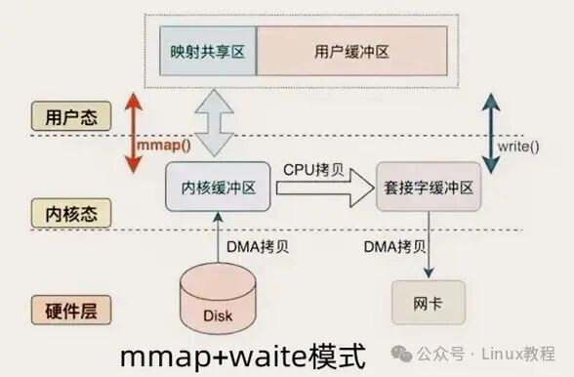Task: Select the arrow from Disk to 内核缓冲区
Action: tap(219, 238)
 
